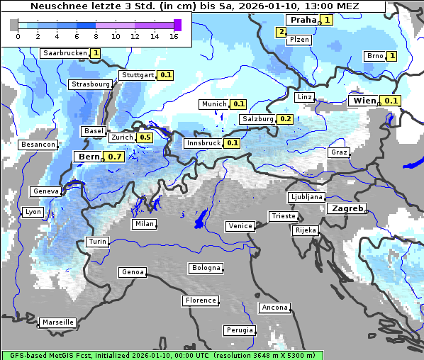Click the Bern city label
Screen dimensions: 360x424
click(89, 157)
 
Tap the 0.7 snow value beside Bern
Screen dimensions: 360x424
click(115, 157)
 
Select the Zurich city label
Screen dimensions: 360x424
click(122, 137)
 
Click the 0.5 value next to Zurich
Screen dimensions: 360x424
click(145, 137)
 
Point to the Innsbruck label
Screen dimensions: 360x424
click(203, 143)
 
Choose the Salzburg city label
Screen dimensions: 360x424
click(257, 119)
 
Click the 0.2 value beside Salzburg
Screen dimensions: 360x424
click(285, 119)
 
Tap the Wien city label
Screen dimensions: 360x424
click(364, 101)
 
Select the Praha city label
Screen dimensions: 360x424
click(301, 20)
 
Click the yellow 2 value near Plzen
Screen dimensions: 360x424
click(281, 32)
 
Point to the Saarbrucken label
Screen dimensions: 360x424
click(65, 53)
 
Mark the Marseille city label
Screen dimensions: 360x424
click(57, 322)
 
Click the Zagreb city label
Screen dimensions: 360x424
click(346, 209)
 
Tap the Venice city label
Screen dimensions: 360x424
click(240, 226)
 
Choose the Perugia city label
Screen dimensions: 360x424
click(239, 330)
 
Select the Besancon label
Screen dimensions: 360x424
click(38, 145)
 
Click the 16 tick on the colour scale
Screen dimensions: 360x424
click(174, 36)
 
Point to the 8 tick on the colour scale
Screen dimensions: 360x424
click(96, 36)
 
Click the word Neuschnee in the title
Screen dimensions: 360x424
click(60, 6)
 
